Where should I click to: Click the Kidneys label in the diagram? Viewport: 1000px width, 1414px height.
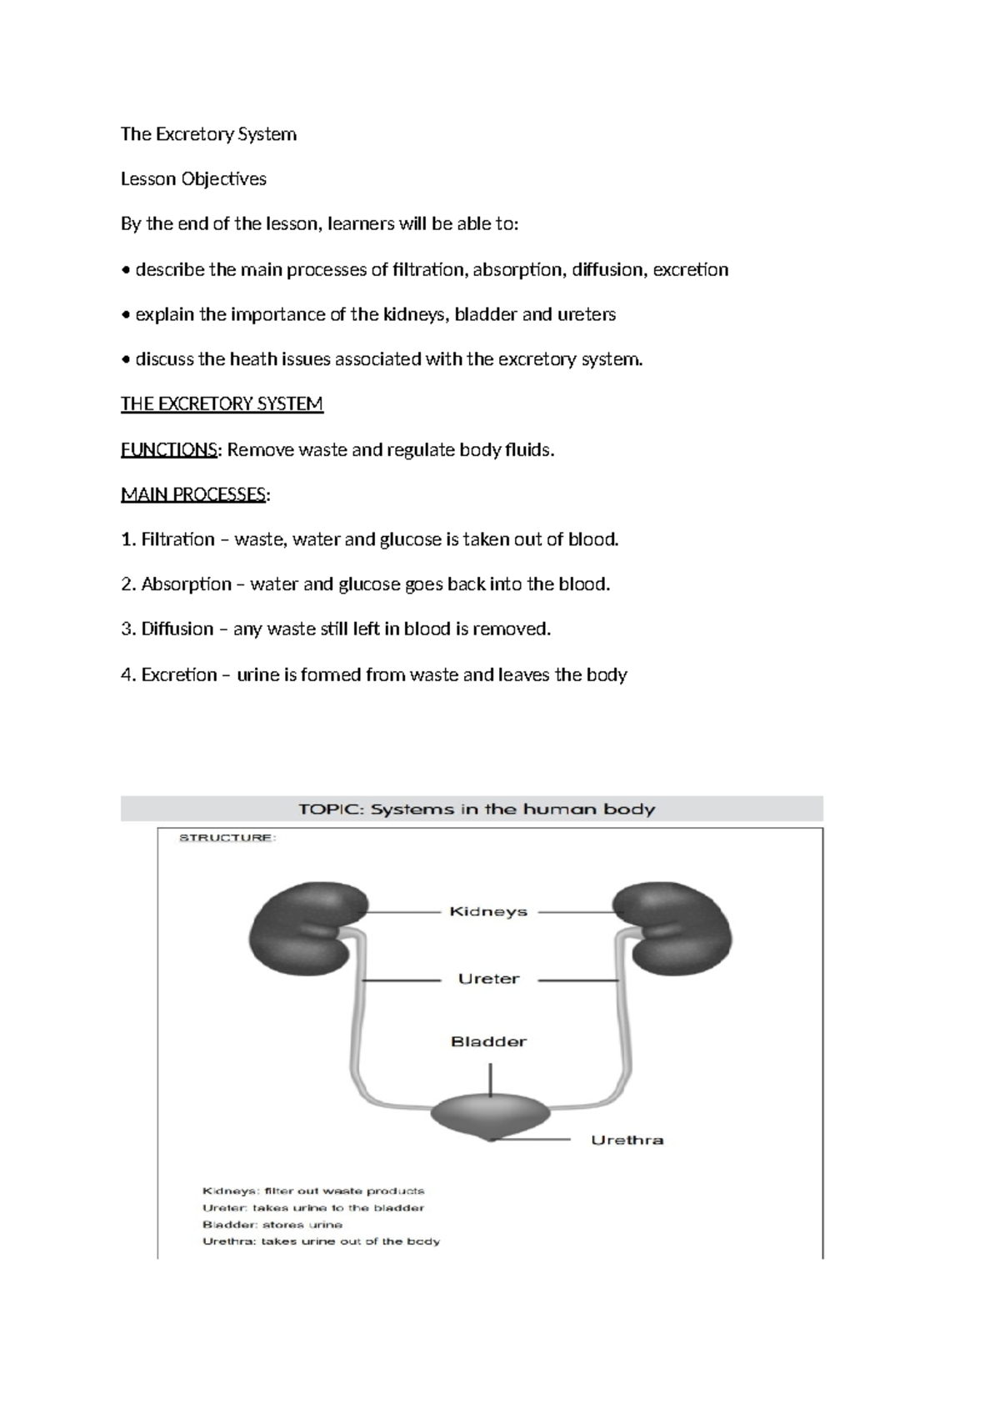(x=488, y=911)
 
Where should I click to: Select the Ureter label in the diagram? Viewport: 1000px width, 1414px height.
(x=488, y=979)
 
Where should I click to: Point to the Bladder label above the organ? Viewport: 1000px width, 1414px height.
(x=488, y=1041)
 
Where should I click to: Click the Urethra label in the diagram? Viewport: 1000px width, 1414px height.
(x=627, y=1140)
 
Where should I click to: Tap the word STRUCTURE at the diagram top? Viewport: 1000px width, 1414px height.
(x=227, y=838)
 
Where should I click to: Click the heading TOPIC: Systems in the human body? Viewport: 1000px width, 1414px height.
(x=477, y=809)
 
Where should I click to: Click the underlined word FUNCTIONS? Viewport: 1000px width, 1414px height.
(x=168, y=450)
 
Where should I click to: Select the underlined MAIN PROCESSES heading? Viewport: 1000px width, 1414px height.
(x=193, y=495)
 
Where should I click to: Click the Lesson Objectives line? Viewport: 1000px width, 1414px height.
(x=193, y=179)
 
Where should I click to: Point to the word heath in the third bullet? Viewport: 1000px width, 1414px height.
(x=252, y=359)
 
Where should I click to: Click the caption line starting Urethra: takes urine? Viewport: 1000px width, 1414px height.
(x=321, y=1241)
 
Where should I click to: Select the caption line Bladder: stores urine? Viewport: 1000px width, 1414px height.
(x=272, y=1225)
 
